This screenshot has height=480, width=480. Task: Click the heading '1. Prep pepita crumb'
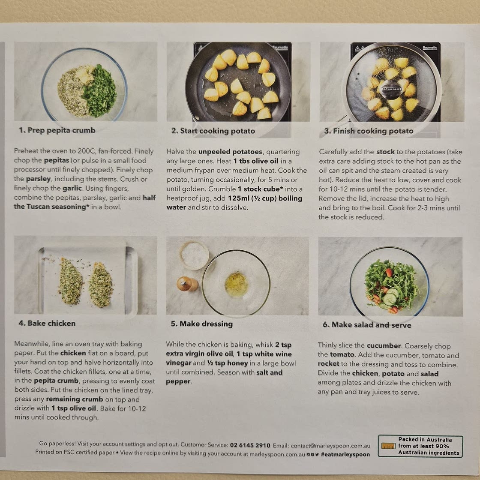click(57, 130)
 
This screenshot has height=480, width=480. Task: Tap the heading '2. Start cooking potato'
click(213, 131)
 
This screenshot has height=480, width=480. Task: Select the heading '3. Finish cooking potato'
click(369, 131)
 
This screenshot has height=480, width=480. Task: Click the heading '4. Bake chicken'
click(47, 323)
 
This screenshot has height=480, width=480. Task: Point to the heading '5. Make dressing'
click(202, 324)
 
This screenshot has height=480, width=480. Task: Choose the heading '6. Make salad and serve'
click(367, 325)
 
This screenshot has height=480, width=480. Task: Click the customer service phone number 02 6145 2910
click(250, 445)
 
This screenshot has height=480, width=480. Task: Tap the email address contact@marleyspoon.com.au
click(330, 446)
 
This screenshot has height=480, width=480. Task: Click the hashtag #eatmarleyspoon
click(345, 455)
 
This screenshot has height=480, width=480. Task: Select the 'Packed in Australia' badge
click(420, 446)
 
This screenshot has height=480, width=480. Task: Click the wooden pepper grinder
click(187, 284)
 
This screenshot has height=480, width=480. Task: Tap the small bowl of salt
click(195, 255)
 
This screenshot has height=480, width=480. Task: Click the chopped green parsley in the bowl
click(100, 90)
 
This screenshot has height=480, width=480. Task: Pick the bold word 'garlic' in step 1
click(72, 188)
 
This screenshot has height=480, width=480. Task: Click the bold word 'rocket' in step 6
click(328, 364)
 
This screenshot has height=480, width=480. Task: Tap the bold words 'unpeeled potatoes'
click(230, 152)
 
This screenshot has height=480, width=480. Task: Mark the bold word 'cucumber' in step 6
click(384, 345)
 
